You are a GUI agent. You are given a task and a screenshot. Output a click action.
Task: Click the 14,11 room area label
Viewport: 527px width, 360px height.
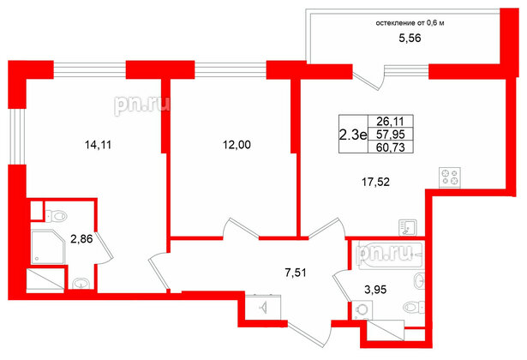(99, 145)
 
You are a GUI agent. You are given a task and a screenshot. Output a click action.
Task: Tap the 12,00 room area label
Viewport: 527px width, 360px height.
(237, 145)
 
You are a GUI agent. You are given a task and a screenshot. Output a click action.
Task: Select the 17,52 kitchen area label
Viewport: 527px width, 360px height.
(375, 183)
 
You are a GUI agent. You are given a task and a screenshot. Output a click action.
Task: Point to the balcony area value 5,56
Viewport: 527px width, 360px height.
(410, 39)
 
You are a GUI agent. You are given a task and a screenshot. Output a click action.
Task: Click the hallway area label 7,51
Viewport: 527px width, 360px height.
(296, 273)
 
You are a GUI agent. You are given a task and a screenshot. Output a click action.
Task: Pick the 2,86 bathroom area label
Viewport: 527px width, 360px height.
(81, 239)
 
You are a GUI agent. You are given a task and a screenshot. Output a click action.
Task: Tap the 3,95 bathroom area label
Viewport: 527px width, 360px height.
(375, 290)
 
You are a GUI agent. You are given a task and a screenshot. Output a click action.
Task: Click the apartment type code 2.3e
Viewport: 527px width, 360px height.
(353, 135)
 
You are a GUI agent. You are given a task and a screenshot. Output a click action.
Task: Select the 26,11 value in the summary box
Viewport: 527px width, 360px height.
(391, 121)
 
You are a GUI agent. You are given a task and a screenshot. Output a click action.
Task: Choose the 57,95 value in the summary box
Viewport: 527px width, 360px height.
(391, 135)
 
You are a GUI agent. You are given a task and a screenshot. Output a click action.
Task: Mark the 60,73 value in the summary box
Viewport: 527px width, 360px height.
(391, 147)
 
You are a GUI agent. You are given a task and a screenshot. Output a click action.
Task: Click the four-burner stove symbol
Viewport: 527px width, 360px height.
(450, 177)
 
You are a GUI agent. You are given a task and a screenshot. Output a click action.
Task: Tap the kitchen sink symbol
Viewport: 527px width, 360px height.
(408, 227)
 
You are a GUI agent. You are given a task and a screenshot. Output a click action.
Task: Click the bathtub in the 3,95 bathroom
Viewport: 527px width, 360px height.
(390, 256)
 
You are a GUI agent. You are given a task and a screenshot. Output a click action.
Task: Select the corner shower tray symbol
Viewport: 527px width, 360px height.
(48, 247)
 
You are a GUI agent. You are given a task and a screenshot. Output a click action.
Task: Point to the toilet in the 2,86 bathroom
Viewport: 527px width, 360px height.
(56, 216)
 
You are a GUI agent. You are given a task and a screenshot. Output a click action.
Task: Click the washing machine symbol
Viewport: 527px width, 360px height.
(362, 310)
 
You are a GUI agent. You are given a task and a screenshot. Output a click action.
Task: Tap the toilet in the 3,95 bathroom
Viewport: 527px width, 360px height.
(413, 307)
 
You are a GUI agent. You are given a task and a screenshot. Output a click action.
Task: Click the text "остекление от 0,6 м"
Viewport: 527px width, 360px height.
(410, 23)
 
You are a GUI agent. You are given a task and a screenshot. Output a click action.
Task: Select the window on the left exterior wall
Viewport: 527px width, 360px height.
(17, 136)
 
